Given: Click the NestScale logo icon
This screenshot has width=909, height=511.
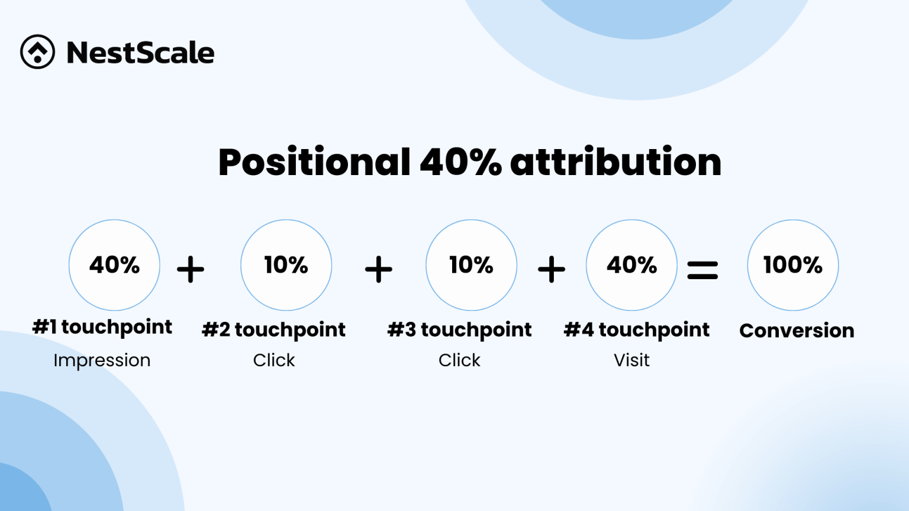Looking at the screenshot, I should click(x=37, y=52).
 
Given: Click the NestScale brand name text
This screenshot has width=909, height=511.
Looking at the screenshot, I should click(x=140, y=53).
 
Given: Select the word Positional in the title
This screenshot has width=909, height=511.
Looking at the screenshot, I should click(x=314, y=162).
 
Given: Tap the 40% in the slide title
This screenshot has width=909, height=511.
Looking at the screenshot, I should click(x=460, y=162).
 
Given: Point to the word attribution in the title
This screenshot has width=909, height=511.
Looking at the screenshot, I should click(x=615, y=162).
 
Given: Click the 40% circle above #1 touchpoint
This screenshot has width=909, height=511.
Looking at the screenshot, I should click(x=114, y=265).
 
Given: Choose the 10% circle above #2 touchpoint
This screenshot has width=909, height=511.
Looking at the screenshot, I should click(x=286, y=265).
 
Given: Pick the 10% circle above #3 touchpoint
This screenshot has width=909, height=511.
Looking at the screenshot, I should click(x=471, y=265).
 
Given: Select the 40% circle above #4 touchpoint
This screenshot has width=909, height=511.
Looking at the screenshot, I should click(x=631, y=265).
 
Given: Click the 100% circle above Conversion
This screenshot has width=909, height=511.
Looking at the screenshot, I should click(x=792, y=265).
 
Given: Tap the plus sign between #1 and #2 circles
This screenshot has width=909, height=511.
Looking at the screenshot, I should click(x=191, y=270).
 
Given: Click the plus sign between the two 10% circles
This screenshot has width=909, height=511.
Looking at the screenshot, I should click(x=379, y=270).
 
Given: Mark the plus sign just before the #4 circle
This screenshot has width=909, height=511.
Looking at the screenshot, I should click(x=552, y=270).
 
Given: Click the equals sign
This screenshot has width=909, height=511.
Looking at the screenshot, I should click(x=702, y=270).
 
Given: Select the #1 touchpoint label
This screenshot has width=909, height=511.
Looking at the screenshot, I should click(x=102, y=327).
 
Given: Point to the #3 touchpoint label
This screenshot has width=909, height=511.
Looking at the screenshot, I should click(x=459, y=330).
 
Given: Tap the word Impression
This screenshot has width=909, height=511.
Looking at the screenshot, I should click(x=102, y=360).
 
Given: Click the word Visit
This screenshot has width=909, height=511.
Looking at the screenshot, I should click(x=631, y=360).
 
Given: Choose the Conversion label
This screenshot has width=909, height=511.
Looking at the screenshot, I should click(x=797, y=331).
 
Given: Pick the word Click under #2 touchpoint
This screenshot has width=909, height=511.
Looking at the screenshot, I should click(x=274, y=360).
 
